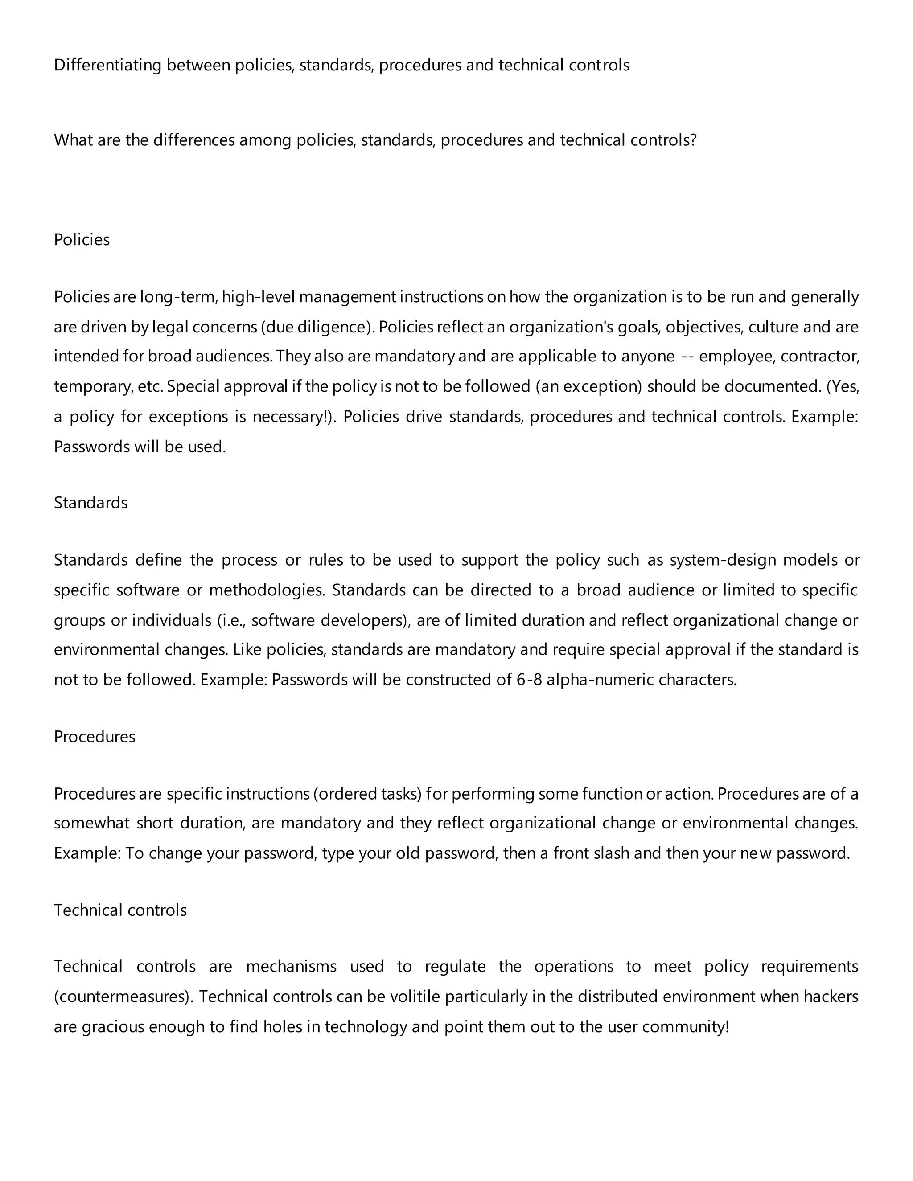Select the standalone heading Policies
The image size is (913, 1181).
[82, 240]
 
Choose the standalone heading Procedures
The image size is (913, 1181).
[94, 737]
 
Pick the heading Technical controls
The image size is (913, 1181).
[120, 910]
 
